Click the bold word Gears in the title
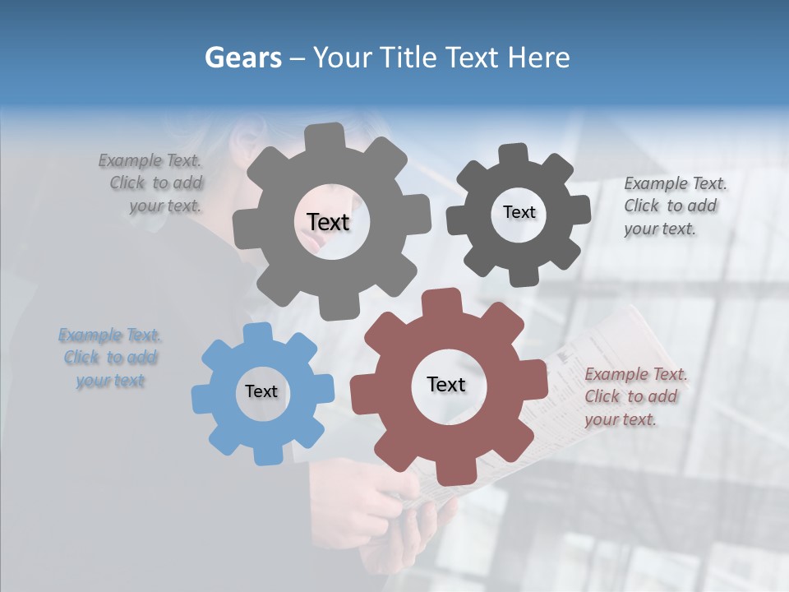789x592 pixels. click(x=242, y=58)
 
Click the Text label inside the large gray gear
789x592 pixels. click(x=328, y=222)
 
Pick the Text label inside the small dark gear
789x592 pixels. click(x=519, y=212)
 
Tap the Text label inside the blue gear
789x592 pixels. click(x=261, y=391)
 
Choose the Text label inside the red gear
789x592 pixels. click(x=446, y=384)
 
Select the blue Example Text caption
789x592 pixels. click(x=110, y=358)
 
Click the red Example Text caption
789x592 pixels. click(x=634, y=396)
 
